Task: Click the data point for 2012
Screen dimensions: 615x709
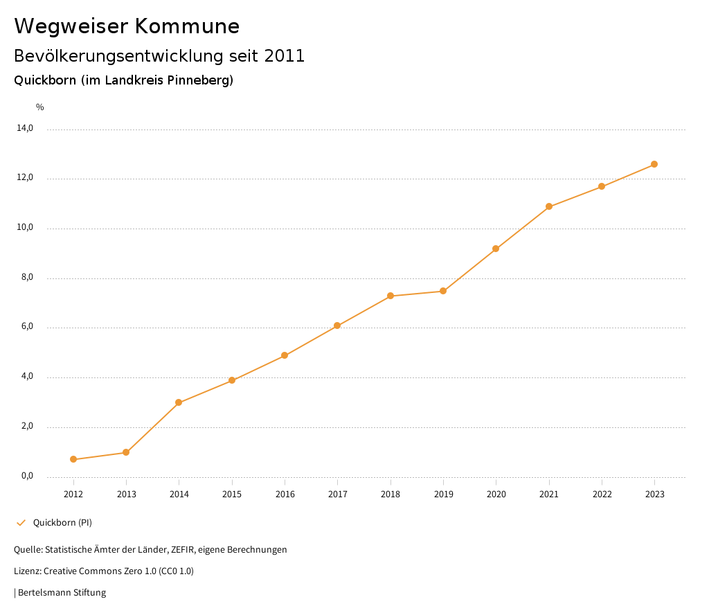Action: (x=73, y=459)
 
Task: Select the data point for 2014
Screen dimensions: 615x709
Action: (x=179, y=402)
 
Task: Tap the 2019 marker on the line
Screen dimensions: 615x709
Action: (x=443, y=291)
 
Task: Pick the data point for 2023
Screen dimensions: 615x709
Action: (x=654, y=164)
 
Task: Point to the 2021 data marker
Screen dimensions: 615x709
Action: (x=549, y=206)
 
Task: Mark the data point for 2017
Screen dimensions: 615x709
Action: (x=337, y=326)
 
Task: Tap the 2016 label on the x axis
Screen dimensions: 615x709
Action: (x=285, y=494)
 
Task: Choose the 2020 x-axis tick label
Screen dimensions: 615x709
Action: (x=496, y=494)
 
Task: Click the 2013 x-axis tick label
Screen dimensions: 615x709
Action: (x=126, y=494)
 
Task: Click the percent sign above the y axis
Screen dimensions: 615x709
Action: (x=40, y=107)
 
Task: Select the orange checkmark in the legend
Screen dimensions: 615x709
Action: (x=21, y=523)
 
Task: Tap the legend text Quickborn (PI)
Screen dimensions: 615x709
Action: (x=62, y=523)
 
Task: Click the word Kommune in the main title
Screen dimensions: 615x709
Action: (x=187, y=26)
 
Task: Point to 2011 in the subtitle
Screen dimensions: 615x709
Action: (x=285, y=56)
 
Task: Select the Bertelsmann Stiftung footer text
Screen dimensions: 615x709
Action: (x=62, y=593)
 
